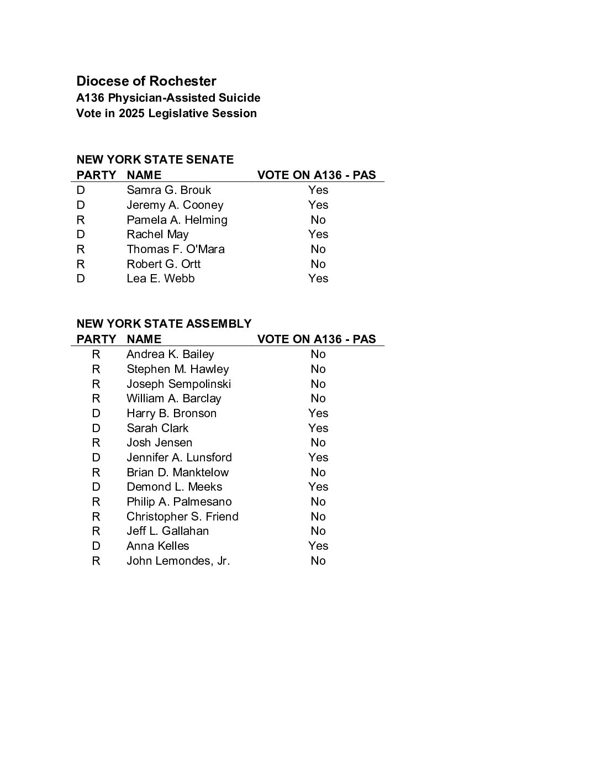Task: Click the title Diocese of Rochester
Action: pos(146,81)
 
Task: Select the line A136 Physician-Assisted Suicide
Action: pos(168,98)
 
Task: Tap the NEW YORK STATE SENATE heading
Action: pos(155,160)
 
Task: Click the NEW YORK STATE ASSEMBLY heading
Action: pos(164,324)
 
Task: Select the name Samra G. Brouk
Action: pos(168,190)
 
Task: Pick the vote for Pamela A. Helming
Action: pos(318,220)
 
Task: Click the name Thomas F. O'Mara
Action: pos(176,249)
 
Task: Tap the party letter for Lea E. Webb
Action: pos(81,278)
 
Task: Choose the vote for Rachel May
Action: pos(318,234)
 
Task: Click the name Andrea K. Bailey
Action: pos(170,354)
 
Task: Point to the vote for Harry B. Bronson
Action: pos(318,413)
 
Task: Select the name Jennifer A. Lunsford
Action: pos(179,458)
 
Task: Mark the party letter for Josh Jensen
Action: pos(96,443)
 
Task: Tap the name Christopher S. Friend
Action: pos(182,517)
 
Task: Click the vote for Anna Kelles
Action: pos(318,546)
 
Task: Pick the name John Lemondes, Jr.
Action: pos(178,561)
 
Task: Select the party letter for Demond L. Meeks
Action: pos(96,487)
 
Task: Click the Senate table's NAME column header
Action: pos(144,175)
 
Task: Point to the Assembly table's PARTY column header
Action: pos(97,339)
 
